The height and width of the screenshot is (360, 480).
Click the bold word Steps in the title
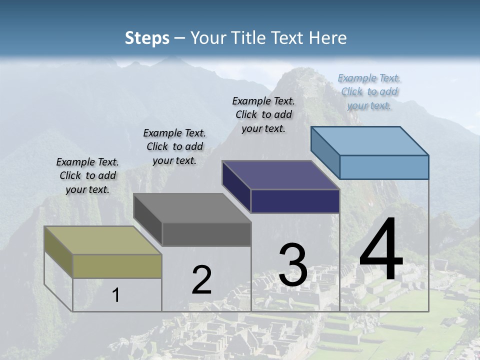tap(147, 38)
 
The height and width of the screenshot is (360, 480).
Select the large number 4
tap(381, 250)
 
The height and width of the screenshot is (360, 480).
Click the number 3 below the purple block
tap(293, 265)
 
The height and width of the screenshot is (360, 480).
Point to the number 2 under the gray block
tap(202, 280)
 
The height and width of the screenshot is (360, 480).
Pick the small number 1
tap(116, 295)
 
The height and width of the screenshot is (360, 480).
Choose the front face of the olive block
tap(117, 266)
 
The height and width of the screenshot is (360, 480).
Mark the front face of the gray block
tap(206, 234)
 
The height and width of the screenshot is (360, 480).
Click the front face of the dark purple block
tap(295, 201)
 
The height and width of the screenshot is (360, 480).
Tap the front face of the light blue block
tap(384, 167)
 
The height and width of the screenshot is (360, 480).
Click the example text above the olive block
tap(87, 175)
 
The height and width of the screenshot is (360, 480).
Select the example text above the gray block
tap(174, 146)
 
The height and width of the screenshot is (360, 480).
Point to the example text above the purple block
tap(263, 114)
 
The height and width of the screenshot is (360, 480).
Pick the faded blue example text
tap(369, 91)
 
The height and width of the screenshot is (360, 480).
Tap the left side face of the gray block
tap(148, 219)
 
